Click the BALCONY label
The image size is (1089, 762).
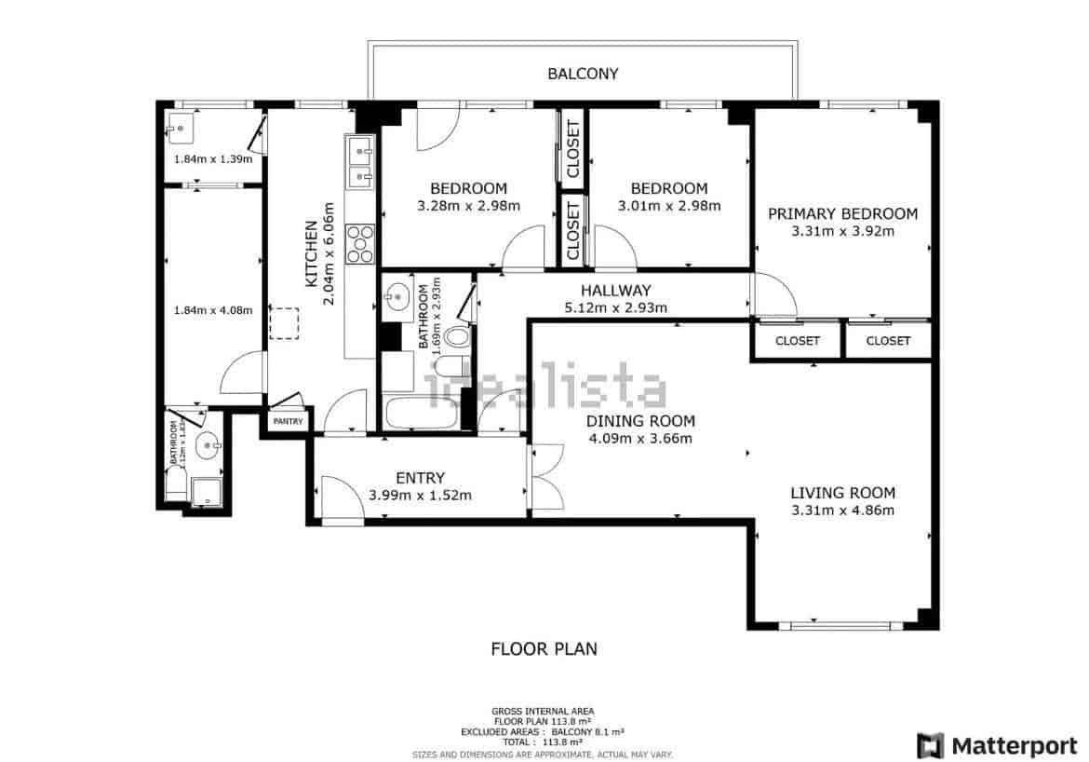583,74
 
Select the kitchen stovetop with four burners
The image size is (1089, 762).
359,244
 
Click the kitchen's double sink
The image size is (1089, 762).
359,160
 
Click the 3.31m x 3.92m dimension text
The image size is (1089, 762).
842,231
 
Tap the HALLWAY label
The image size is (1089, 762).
615,291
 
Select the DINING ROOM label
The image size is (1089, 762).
640,421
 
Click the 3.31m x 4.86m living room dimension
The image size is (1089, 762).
842,510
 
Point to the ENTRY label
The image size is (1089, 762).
420,479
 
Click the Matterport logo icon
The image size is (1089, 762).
930,745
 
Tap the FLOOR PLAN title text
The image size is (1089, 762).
544,648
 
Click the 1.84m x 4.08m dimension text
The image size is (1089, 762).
213,310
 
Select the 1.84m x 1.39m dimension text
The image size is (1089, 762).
213,158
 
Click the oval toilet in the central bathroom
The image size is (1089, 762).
457,337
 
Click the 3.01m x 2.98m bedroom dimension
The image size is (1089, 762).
668,206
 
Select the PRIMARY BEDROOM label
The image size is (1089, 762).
842,213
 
